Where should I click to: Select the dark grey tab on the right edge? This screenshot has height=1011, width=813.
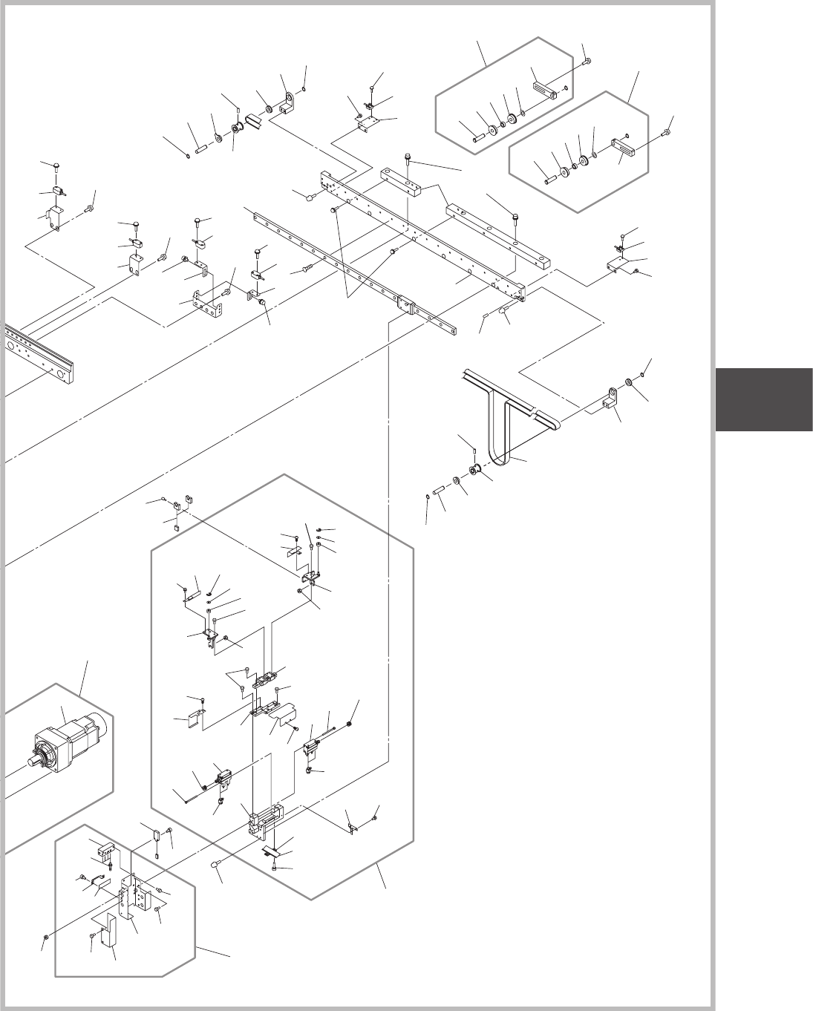click(x=764, y=399)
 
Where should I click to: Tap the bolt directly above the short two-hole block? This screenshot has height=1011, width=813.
click(x=408, y=157)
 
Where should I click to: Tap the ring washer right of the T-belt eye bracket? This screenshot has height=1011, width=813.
click(x=629, y=382)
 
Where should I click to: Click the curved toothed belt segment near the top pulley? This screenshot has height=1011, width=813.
click(x=255, y=120)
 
